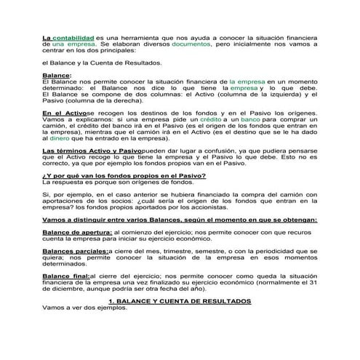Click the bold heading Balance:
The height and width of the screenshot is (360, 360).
[x=57, y=76]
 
